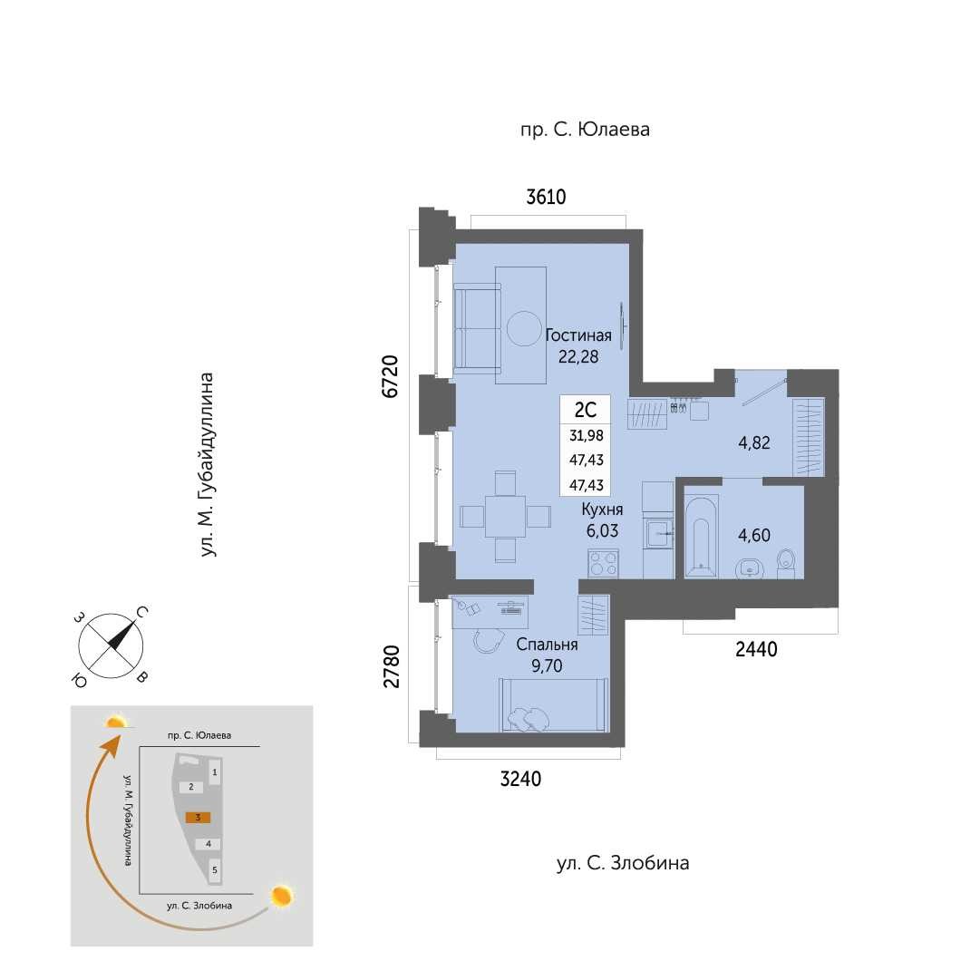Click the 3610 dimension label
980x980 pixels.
(547, 197)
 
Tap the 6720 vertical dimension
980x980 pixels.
(390, 376)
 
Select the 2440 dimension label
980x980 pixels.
(756, 649)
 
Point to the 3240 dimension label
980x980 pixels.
(520, 779)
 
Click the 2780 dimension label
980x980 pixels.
(392, 667)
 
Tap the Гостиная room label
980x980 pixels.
(578, 335)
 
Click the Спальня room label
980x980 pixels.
(547, 645)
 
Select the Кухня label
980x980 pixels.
(602, 509)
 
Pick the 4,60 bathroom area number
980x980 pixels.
(753, 535)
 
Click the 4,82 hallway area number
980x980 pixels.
(753, 443)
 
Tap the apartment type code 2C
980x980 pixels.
(585, 410)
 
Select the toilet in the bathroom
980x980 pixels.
(786, 563)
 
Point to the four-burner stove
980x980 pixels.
(603, 563)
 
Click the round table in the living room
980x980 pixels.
(524, 329)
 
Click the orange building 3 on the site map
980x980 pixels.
(199, 818)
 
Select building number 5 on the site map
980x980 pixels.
(214, 869)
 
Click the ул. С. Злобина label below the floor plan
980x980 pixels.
(623, 863)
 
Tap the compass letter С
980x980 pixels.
(141, 613)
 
